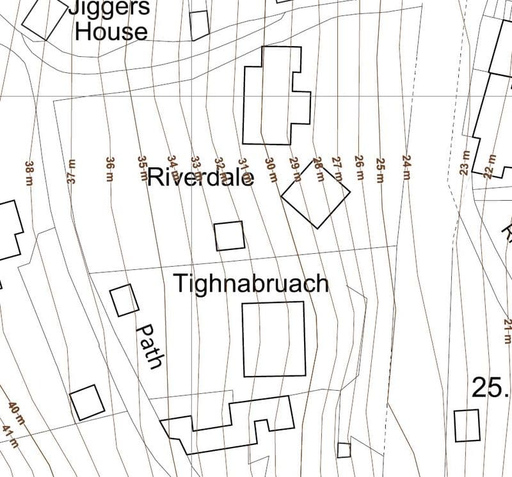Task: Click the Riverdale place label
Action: (200, 176)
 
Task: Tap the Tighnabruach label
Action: (252, 283)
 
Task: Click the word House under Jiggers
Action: (111, 31)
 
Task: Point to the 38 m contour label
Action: (29, 173)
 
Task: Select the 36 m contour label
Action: (110, 170)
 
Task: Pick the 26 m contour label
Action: (358, 167)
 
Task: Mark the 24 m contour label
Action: (406, 168)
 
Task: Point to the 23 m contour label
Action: (465, 164)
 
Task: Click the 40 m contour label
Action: (16, 412)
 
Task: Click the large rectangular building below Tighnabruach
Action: (273, 339)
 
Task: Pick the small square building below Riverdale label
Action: (228, 235)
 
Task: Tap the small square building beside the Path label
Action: (124, 300)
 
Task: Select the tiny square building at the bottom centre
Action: (344, 450)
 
